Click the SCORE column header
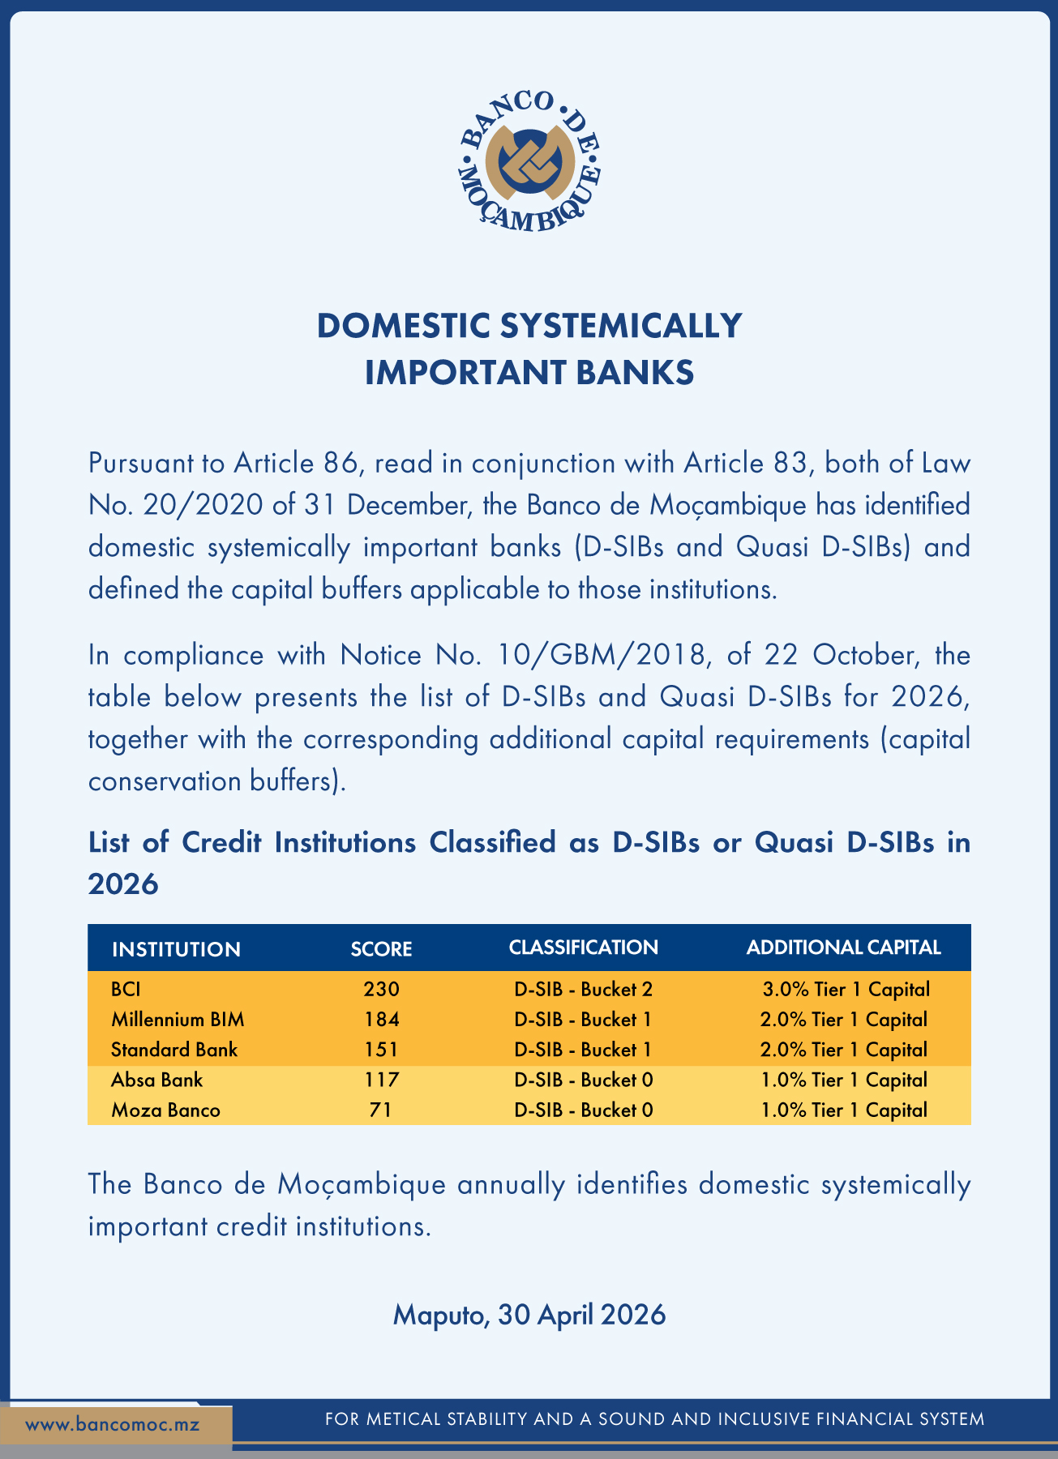tap(381, 949)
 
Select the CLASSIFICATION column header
tap(583, 948)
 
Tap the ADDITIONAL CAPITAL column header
tap(843, 948)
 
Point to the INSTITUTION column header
tap(176, 949)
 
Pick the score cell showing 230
tap(382, 989)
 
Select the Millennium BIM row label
tap(178, 1020)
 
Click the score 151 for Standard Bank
tap(382, 1050)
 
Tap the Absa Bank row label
tap(156, 1080)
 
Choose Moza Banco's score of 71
tap(381, 1110)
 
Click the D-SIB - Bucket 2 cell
tap(583, 989)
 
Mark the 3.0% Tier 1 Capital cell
tap(846, 989)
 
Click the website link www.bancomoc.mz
tap(112, 1424)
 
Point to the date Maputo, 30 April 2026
tap(529, 1314)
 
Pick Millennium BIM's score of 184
tap(382, 1020)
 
